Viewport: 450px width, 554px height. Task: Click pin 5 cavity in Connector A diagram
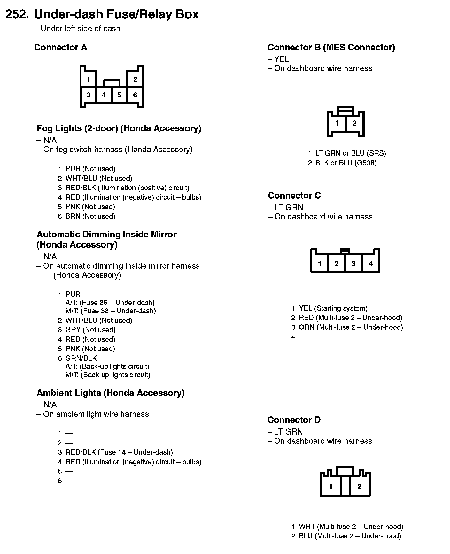119,95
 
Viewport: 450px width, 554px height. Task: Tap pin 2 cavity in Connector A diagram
135,79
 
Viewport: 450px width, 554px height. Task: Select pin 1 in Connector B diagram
337,123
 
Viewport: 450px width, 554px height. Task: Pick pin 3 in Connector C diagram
353,264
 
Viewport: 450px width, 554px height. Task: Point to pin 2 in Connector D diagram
360,486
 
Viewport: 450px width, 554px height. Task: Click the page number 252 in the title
18,14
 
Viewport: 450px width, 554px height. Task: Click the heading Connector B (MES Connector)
331,48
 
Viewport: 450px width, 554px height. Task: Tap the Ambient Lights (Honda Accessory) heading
111,393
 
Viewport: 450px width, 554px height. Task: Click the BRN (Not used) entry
90,216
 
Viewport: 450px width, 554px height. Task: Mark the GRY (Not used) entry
90,330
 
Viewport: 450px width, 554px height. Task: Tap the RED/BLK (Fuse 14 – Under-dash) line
119,452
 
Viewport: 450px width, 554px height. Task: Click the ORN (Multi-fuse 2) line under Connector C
351,327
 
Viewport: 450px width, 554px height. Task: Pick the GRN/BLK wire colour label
81,358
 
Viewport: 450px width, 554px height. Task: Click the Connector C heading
294,196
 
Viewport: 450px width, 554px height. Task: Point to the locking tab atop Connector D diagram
345,471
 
